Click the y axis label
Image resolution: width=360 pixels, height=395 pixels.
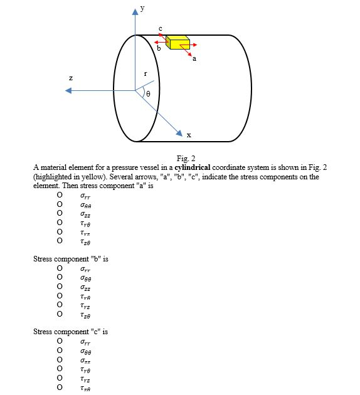point(142,9)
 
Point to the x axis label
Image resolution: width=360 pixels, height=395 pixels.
point(188,135)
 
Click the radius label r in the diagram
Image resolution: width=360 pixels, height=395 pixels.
point(146,73)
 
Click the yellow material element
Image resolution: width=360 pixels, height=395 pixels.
point(177,43)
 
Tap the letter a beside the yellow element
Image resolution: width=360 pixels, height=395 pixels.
point(194,58)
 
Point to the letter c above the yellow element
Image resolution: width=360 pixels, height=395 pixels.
point(161,28)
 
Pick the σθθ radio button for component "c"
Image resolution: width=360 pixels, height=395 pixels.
point(60,351)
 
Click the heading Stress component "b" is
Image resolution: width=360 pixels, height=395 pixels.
point(70,259)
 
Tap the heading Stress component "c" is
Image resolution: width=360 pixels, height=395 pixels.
point(70,331)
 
